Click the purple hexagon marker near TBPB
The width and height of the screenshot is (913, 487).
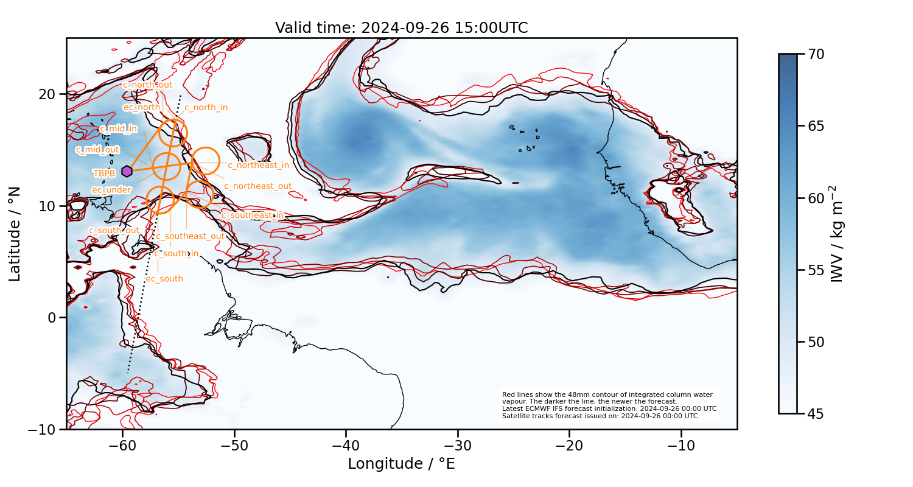click(127, 172)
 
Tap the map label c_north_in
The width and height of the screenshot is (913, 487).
click(206, 108)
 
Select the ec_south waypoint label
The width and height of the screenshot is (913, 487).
click(164, 279)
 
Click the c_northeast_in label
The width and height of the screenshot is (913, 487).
click(258, 165)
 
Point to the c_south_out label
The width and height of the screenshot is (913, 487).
click(114, 231)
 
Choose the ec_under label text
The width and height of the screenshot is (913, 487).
click(111, 190)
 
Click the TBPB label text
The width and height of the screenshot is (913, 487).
click(104, 173)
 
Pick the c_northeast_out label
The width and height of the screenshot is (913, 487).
click(257, 186)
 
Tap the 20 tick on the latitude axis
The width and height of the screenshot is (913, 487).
click(48, 94)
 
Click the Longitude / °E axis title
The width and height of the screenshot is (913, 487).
click(401, 464)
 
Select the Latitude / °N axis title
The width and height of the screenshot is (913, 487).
click(15, 234)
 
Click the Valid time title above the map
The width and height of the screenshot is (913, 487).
click(401, 28)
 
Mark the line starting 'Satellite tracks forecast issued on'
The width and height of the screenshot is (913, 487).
click(600, 416)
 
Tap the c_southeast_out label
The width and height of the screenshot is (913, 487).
click(190, 236)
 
